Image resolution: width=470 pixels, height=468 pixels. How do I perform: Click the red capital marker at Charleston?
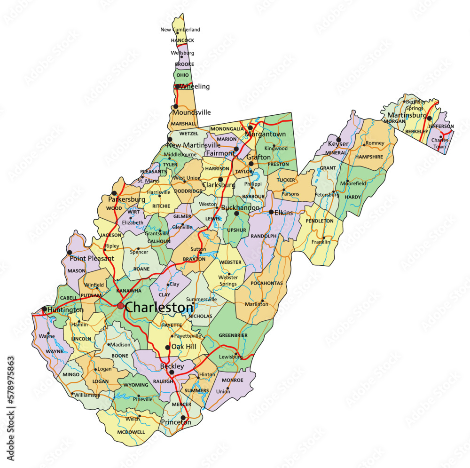(121, 306)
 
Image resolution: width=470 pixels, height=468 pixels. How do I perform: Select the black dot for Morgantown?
(251, 127)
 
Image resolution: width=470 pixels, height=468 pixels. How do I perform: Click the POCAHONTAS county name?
(266, 283)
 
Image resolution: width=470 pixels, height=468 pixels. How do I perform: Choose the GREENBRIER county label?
(233, 335)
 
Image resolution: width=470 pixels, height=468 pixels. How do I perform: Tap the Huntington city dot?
(44, 309)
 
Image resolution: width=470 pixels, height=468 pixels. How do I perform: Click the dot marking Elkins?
(271, 212)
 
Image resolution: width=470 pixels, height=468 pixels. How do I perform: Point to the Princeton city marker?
(183, 417)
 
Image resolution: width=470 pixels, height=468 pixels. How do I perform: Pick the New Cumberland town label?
(180, 30)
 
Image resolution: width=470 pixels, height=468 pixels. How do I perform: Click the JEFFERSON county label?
(441, 126)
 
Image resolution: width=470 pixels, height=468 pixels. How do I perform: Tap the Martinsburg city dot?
(430, 118)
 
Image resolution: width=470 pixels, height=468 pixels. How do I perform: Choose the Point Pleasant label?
(92, 259)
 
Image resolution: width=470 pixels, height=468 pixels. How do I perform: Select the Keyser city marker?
(338, 139)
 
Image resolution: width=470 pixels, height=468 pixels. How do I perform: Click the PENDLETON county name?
(320, 221)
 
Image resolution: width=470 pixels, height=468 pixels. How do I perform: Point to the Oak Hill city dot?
(167, 348)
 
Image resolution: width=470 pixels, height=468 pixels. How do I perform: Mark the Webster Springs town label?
(228, 281)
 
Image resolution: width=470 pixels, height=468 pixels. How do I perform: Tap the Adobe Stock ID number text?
(11, 409)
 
